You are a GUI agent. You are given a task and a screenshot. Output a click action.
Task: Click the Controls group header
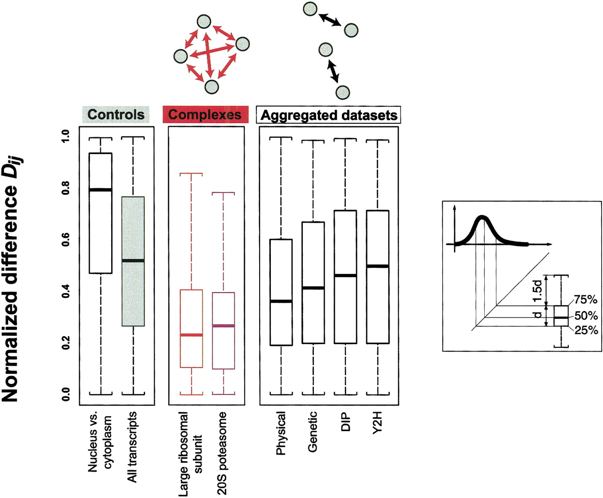[115, 114]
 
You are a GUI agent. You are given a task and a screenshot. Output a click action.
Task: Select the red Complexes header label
[205, 114]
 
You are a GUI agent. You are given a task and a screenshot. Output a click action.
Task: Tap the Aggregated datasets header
[329, 115]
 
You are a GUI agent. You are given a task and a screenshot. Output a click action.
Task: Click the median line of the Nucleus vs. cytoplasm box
[100, 190]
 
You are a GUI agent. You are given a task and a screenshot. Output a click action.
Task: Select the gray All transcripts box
[133, 292]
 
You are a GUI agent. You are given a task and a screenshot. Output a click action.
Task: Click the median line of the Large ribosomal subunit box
[191, 335]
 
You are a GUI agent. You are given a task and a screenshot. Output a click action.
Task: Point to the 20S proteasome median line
[223, 326]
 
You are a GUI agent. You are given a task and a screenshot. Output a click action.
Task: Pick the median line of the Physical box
[281, 301]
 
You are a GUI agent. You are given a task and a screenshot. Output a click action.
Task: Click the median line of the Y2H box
[377, 266]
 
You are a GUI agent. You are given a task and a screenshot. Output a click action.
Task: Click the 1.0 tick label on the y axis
[66, 136]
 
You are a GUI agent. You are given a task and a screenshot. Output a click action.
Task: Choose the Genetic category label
[313, 432]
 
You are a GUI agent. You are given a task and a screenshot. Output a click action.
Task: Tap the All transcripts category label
[132, 447]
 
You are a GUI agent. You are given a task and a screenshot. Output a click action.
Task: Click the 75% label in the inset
[586, 300]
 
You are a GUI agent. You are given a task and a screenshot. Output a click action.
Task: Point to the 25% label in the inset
[586, 330]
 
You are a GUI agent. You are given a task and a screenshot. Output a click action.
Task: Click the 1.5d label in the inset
[537, 292]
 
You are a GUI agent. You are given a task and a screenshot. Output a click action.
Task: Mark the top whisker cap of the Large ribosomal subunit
[191, 174]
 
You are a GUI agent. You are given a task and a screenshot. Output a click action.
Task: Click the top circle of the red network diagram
[204, 21]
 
